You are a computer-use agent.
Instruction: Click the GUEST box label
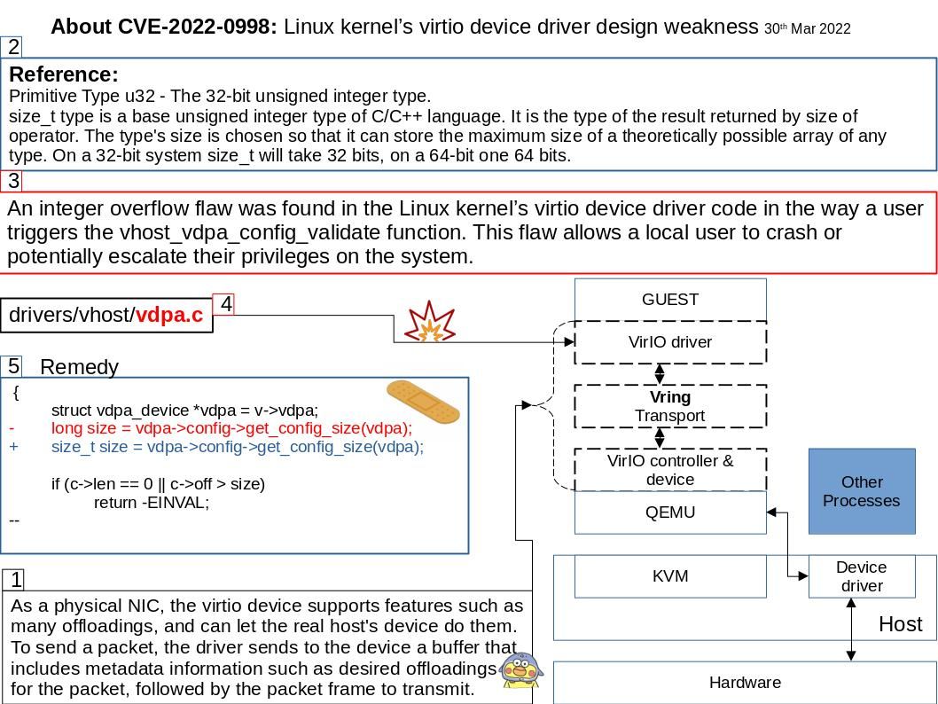click(670, 299)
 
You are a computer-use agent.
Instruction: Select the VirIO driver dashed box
click(670, 342)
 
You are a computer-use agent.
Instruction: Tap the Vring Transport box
click(670, 406)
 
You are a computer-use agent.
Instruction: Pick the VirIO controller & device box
click(670, 470)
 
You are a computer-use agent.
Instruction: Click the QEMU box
click(670, 512)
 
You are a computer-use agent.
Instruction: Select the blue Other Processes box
click(861, 491)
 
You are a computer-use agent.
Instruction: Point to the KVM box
click(670, 576)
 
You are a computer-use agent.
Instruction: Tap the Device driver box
click(861, 576)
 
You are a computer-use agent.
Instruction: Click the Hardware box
click(745, 683)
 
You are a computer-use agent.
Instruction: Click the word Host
click(900, 624)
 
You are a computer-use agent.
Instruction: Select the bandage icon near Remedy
click(423, 402)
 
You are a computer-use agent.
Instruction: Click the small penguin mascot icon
click(521, 670)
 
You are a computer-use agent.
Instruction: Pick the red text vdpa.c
click(169, 315)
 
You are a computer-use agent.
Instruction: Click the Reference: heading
click(64, 74)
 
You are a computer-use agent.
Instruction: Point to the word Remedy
click(79, 367)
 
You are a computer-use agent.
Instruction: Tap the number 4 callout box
click(225, 304)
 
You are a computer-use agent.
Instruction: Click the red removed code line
click(231, 428)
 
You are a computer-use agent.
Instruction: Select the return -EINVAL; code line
click(152, 503)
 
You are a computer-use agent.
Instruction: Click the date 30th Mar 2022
click(807, 29)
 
